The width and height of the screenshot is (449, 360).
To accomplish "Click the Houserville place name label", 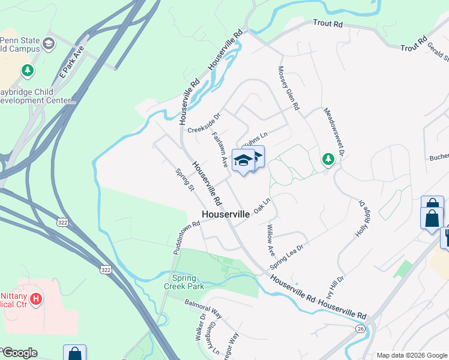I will [225, 214].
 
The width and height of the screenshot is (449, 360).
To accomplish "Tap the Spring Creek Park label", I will [188, 282].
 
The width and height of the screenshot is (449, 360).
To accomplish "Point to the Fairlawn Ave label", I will [220, 149].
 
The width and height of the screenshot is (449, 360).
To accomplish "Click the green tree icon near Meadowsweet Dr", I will [328, 159].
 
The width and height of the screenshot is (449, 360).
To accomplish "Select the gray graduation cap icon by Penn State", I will [48, 43].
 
